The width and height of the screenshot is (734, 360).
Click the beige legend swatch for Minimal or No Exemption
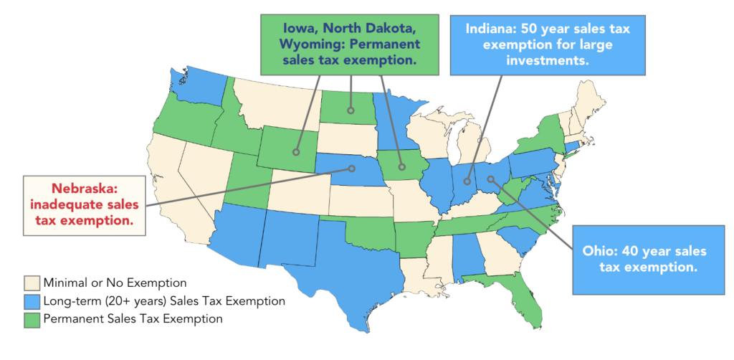(x=32, y=282)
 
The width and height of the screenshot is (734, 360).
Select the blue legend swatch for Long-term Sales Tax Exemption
(x=32, y=300)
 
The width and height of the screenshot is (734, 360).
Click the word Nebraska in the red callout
(x=83, y=191)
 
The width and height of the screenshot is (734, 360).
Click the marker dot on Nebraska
(x=352, y=169)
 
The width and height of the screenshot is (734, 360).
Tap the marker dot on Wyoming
(x=295, y=151)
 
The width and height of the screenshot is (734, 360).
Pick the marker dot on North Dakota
(x=351, y=110)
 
